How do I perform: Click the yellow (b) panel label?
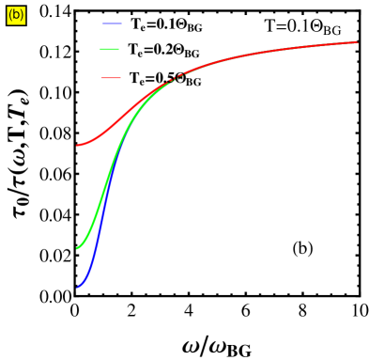pos(16,15)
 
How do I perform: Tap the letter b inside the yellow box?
pos(16,15)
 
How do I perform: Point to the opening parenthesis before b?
pos(10,15)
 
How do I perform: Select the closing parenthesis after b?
pos(22,15)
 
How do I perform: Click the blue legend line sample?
pos(112,23)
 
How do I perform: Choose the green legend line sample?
pos(109,49)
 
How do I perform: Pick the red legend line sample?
pos(111,77)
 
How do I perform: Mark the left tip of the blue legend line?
pos(102,23)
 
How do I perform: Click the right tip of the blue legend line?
pos(122,23)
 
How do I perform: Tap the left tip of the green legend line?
pos(100,49)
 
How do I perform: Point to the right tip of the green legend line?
pos(119,49)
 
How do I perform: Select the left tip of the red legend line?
pos(100,77)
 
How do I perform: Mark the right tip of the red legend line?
pos(121,77)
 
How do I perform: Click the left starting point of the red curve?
pos(77,145)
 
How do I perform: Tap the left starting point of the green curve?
pos(77,248)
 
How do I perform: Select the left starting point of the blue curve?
pos(77,288)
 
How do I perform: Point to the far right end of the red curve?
pos(358,42)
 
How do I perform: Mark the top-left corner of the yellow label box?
pos(7,7)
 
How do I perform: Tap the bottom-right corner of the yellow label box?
pos(25,23)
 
